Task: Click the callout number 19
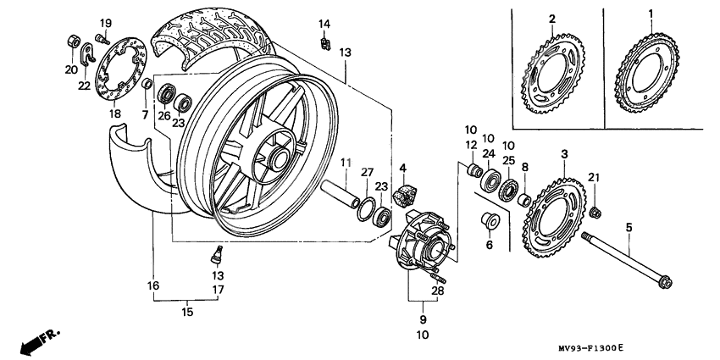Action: pyautogui.click(x=106, y=22)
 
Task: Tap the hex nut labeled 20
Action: pyautogui.click(x=74, y=41)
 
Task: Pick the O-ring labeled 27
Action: pyautogui.click(x=366, y=208)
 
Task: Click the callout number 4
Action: pyautogui.click(x=403, y=168)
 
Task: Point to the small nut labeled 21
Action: pyautogui.click(x=595, y=210)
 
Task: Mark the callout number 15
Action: pyautogui.click(x=188, y=313)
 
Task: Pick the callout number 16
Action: pyautogui.click(x=152, y=286)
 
